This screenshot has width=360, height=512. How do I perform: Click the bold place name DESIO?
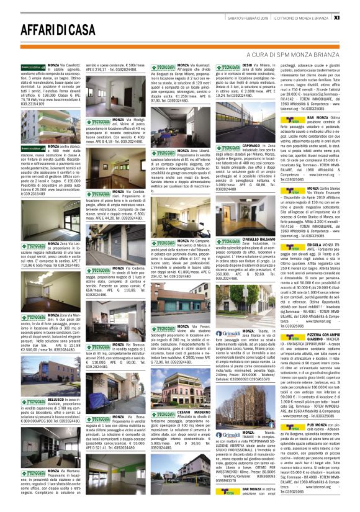(247, 64)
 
